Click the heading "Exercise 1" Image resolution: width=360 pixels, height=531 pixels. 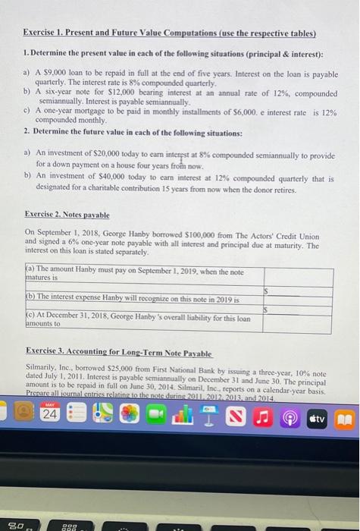[x=47, y=33]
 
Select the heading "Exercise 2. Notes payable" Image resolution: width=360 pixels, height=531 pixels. [x=67, y=215]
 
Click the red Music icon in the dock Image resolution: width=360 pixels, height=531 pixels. [x=264, y=416]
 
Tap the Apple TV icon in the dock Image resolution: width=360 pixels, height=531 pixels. [x=317, y=416]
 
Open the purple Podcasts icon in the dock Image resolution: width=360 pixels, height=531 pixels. [x=290, y=416]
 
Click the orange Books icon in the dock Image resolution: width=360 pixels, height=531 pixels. [x=343, y=416]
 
